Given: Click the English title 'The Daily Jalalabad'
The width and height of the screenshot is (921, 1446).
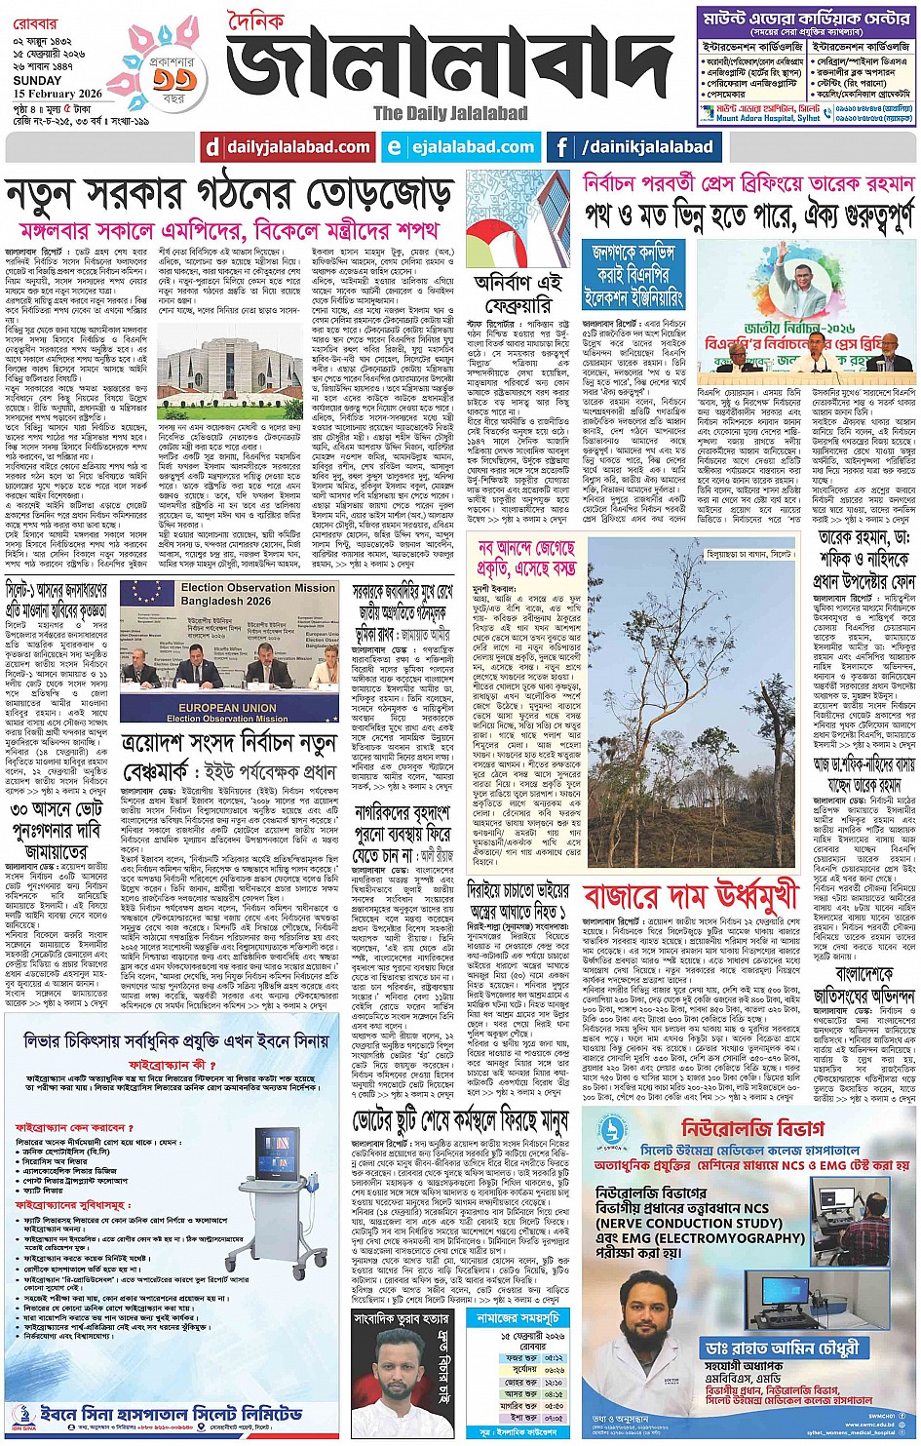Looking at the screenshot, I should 450,113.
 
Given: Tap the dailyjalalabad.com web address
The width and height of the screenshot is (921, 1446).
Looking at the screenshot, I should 298,148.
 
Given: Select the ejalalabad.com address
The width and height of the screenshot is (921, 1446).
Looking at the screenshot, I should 473,148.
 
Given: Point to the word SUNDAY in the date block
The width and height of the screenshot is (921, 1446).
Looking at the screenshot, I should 37,81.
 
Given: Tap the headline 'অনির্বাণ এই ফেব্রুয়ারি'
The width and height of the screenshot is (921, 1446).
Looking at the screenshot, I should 518,293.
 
